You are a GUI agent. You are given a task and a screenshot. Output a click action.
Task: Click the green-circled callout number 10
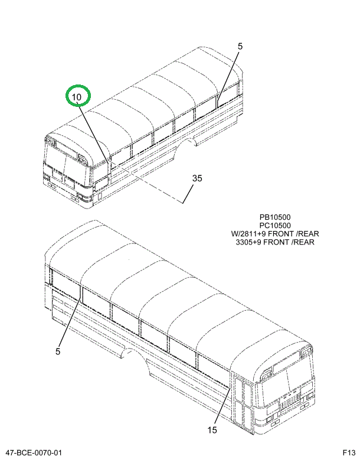click(x=78, y=96)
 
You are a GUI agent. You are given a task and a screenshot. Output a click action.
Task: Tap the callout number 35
click(x=197, y=178)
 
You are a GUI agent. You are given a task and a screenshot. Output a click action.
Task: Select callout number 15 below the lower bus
click(x=213, y=429)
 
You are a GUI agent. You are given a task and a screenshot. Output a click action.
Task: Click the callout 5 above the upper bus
click(x=240, y=45)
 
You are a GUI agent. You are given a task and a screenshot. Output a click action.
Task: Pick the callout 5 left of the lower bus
click(x=58, y=352)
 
